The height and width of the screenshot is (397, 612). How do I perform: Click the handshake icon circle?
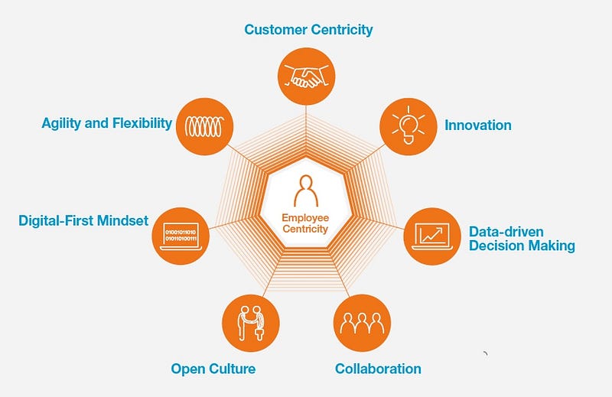pos(307,76)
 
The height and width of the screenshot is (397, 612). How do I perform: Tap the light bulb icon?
pos(409,125)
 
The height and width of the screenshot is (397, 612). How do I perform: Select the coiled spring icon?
pos(204,126)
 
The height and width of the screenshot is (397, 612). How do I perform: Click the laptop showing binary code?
pos(181,236)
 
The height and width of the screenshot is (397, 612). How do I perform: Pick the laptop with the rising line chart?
pos(432,236)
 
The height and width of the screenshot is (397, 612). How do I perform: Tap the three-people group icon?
pos(362,323)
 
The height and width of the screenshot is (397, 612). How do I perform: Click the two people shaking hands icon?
pos(251,324)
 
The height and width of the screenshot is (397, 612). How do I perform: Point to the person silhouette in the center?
pos(306,191)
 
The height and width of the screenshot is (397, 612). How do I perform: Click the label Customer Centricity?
pos(308,30)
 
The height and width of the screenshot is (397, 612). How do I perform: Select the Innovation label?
pos(478,125)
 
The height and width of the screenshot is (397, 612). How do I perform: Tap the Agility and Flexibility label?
pos(106,123)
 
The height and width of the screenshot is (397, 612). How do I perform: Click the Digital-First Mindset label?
pos(83,220)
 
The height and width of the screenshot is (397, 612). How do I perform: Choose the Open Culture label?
pos(213,369)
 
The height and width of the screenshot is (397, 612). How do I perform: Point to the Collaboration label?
pos(378,369)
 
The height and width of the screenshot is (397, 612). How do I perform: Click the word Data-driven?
pos(506,232)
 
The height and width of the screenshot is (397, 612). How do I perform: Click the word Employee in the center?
pos(305,218)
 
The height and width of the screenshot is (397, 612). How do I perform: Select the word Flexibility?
pos(142,123)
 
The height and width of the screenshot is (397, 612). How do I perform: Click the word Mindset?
pos(122,220)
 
